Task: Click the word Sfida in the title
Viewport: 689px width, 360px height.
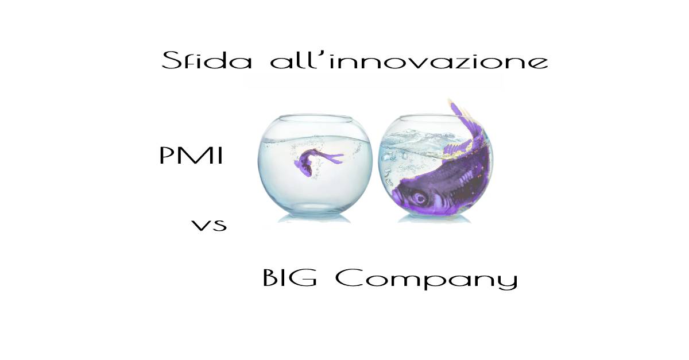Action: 207,60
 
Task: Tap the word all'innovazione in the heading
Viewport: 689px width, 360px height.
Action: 409,60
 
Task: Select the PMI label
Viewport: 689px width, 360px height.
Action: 191,156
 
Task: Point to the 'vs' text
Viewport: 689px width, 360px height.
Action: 209,226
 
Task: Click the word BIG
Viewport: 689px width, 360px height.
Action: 290,277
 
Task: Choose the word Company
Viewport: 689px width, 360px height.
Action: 426,279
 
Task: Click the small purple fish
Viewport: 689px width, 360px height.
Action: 317,162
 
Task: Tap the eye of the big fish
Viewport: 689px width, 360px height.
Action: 420,198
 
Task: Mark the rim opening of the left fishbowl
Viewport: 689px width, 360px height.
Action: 315,118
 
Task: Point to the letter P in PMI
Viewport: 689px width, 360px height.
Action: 167,156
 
